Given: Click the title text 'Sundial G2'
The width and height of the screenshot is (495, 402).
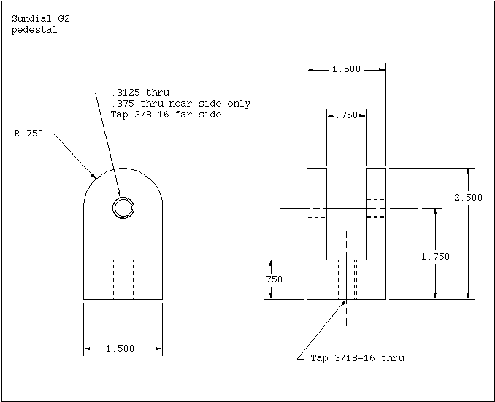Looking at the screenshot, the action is click(x=41, y=19).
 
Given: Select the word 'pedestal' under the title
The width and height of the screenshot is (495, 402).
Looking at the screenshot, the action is click(x=34, y=30).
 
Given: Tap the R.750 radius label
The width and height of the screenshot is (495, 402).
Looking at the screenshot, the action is click(x=28, y=134).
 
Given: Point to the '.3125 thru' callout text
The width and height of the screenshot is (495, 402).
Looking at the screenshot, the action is click(x=141, y=93).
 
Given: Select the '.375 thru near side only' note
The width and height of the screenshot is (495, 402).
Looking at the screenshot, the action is click(x=181, y=104).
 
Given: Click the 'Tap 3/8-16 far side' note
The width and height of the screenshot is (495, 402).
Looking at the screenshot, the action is click(x=166, y=115).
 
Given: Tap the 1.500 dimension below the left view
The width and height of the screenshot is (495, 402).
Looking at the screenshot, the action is click(x=120, y=349).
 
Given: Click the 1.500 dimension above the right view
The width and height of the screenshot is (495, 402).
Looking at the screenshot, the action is click(x=346, y=69).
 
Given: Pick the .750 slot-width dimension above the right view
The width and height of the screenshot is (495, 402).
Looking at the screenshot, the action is click(x=347, y=115).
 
